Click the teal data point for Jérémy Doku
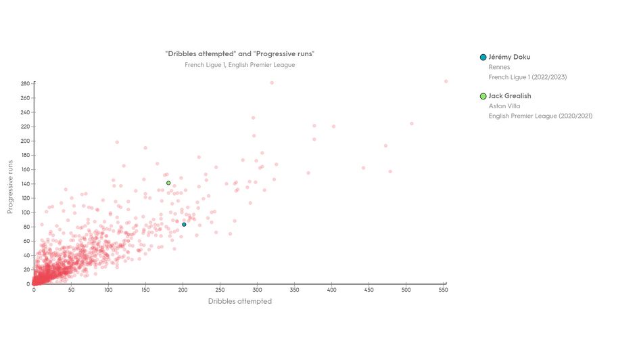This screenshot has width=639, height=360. tap(184, 225)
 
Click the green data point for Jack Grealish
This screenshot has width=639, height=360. tap(168, 183)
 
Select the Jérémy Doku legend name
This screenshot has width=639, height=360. tap(509, 57)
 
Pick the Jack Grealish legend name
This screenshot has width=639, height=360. tap(511, 96)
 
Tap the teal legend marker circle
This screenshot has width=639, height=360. tap(483, 58)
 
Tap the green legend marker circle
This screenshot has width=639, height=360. tap(483, 96)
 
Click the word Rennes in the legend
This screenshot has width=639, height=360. tap(499, 67)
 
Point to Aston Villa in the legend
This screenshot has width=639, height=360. tap(504, 106)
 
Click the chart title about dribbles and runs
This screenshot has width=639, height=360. tap(240, 53)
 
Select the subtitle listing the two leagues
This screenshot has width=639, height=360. tap(240, 65)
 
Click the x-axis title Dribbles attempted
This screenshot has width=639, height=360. tap(240, 301)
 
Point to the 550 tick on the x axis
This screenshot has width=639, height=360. tap(444, 290)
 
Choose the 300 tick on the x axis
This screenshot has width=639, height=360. tap(257, 290)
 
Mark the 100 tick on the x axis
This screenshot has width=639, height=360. tap(108, 290)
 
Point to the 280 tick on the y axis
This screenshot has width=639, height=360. tap(25, 84)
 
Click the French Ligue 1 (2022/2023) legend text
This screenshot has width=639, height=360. tap(527, 77)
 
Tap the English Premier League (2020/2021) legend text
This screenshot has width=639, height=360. tap(540, 116)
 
